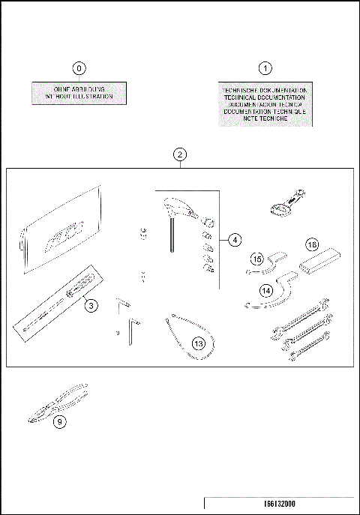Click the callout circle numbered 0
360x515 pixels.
(x=79, y=67)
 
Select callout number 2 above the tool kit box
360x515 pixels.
(x=179, y=155)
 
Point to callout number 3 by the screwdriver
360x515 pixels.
(x=89, y=305)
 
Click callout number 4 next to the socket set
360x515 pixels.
(x=235, y=241)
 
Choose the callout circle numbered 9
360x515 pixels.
(x=61, y=421)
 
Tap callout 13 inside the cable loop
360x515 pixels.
(x=197, y=344)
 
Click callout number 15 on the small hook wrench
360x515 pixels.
(x=257, y=259)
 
